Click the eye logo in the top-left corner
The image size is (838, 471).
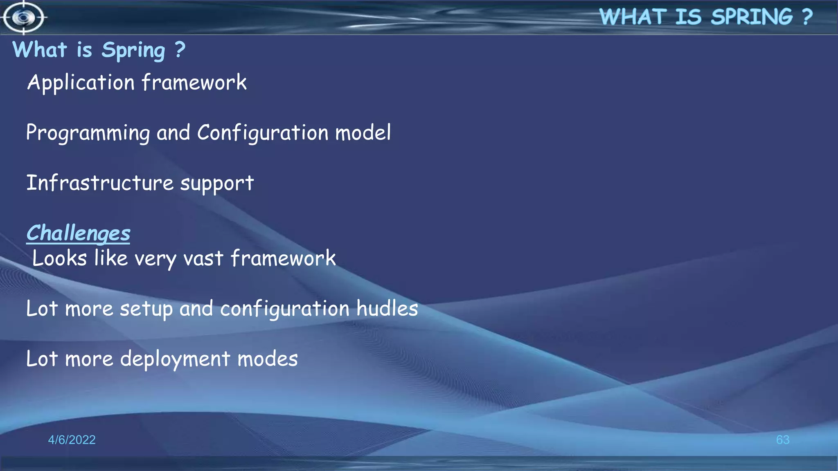click(23, 17)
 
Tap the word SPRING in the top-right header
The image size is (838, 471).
click(752, 17)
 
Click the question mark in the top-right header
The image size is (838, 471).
click(807, 17)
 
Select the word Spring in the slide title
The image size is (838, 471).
click(133, 51)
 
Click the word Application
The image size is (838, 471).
click(81, 83)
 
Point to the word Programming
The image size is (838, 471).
click(88, 133)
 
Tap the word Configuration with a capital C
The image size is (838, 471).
click(263, 133)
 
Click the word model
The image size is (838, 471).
click(363, 133)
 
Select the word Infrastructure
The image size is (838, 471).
click(100, 183)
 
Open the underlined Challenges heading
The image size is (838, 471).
click(78, 233)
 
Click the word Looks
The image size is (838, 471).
click(59, 258)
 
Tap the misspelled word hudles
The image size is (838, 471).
click(387, 308)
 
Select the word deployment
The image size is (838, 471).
click(175, 359)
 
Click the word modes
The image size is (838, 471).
click(268, 359)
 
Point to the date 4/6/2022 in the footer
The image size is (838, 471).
click(72, 440)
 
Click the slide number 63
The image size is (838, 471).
click(782, 440)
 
